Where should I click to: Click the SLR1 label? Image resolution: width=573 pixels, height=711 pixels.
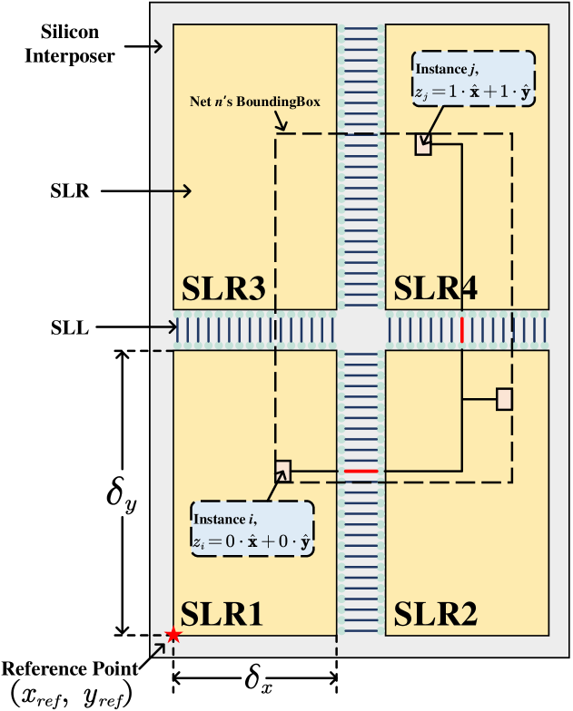222,614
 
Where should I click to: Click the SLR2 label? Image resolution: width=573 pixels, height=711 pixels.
435,614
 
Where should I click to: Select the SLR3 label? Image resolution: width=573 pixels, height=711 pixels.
223,289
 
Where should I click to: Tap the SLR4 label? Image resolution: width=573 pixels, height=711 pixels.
436,289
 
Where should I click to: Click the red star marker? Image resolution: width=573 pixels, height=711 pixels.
173,636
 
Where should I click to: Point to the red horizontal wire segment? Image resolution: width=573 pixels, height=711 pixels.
361,472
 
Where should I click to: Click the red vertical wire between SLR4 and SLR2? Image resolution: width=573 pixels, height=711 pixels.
461,329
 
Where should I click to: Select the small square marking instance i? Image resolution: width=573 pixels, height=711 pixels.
283,470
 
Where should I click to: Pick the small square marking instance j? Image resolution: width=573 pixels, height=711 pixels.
422,144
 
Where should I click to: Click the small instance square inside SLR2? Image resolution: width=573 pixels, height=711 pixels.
504,399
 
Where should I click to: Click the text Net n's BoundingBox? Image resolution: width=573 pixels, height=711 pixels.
255,102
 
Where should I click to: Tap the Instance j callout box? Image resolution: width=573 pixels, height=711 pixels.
473,80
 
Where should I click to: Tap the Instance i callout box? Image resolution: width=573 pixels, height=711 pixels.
252,530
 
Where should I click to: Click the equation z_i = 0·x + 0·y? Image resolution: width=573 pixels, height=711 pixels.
252,541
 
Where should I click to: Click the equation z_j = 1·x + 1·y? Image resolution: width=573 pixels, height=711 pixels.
473,91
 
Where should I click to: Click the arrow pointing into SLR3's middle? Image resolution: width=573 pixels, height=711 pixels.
173,190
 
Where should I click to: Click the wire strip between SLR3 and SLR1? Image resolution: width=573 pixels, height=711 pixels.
255,329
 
